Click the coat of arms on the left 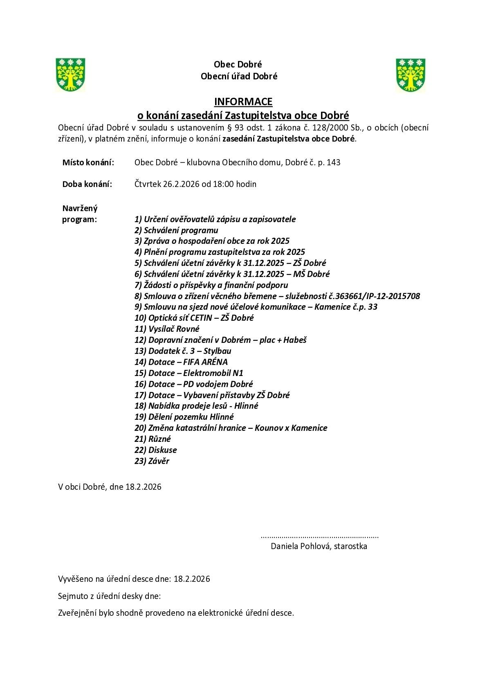pos(70,74)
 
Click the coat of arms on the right pos(411,75)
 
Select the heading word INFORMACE pos(243,101)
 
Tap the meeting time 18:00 pos(223,184)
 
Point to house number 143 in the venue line pos(334,162)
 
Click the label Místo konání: pos(88,162)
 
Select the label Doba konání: pos(87,184)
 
